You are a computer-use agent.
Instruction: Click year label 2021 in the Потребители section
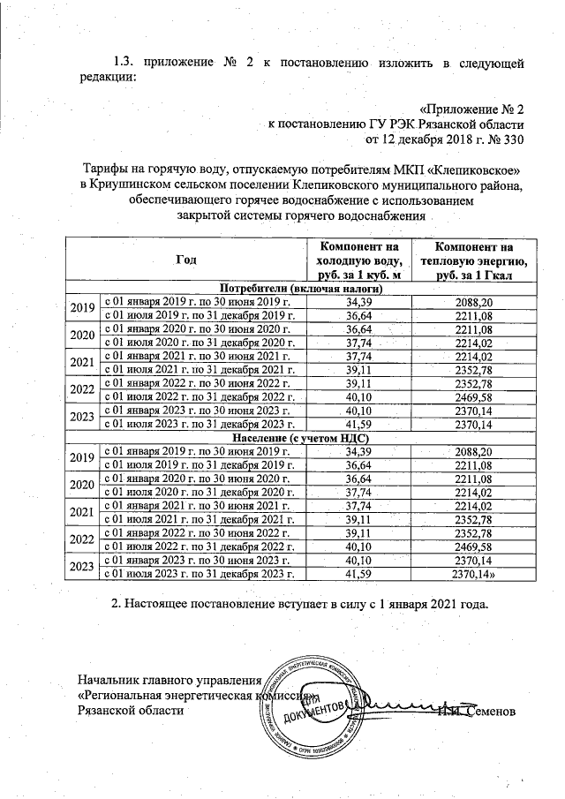81,363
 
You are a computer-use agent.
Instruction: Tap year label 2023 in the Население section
81,566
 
